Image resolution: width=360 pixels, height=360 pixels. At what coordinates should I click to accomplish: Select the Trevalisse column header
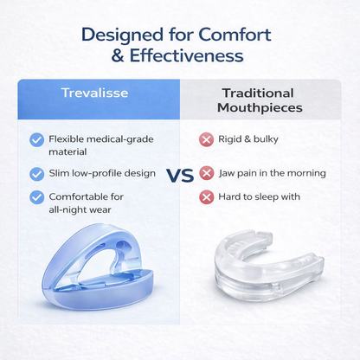[x=96, y=93]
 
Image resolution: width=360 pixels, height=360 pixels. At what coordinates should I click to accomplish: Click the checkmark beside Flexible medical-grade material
[x=36, y=139]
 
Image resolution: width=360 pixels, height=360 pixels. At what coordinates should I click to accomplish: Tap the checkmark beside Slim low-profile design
[x=36, y=173]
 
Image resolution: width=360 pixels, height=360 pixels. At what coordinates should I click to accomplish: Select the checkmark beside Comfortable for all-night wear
[x=36, y=196]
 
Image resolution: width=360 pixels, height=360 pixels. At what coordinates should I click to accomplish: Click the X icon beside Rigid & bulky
[x=207, y=138]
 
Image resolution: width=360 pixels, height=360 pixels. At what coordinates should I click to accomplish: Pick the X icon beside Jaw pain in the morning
[x=207, y=173]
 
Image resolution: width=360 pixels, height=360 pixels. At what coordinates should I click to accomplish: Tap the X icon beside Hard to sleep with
[x=207, y=196]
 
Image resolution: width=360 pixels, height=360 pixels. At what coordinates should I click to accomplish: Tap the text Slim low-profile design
[x=102, y=173]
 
